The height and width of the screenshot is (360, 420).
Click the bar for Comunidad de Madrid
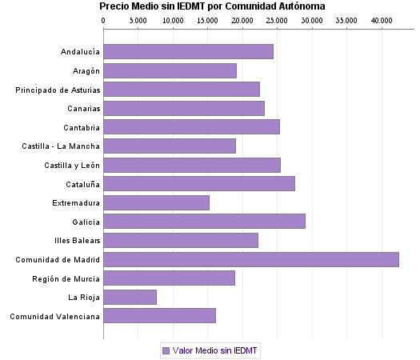point(250,259)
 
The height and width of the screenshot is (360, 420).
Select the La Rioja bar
point(130,298)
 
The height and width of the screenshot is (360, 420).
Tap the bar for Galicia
point(204,222)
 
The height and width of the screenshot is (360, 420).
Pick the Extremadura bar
point(156,202)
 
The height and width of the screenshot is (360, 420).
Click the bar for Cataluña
point(198,183)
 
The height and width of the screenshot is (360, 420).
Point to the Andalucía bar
point(188,51)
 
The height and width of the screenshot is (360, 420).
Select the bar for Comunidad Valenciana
point(159,316)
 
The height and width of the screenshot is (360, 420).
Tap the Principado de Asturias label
point(58,90)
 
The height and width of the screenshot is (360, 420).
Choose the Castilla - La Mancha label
point(62,146)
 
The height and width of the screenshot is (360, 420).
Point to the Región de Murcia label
point(66,278)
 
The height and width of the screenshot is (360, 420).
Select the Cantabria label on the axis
point(82,127)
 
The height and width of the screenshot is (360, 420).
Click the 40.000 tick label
point(382,19)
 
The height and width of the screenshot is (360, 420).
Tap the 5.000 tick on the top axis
point(138,19)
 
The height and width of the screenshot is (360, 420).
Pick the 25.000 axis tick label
point(277,19)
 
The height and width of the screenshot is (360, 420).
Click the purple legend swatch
point(166,350)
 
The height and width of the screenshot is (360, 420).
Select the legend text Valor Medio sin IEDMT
point(216,350)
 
